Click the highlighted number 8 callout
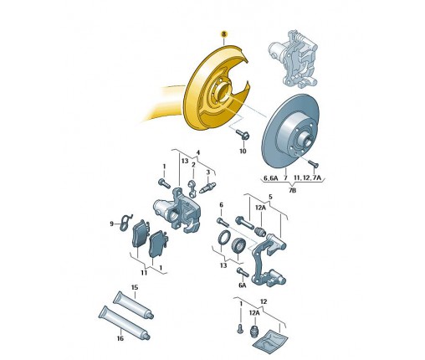[x=224, y=34]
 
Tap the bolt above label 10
[x=243, y=135]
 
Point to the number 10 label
[x=243, y=151]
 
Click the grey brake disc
[x=290, y=131]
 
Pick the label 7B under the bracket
[x=292, y=190]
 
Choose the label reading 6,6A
[x=270, y=177]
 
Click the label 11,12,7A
[x=308, y=177]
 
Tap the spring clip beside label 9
[x=126, y=223]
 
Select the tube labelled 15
[x=133, y=306]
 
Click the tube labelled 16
[x=125, y=323]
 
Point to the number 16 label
[x=120, y=338]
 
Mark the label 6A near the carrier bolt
[x=243, y=285]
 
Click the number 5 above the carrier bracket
[x=270, y=197]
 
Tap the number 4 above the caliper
[x=198, y=152]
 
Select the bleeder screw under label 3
[x=208, y=187]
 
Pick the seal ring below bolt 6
[x=223, y=237]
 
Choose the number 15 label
[x=135, y=287]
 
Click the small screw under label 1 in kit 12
[x=239, y=328]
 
